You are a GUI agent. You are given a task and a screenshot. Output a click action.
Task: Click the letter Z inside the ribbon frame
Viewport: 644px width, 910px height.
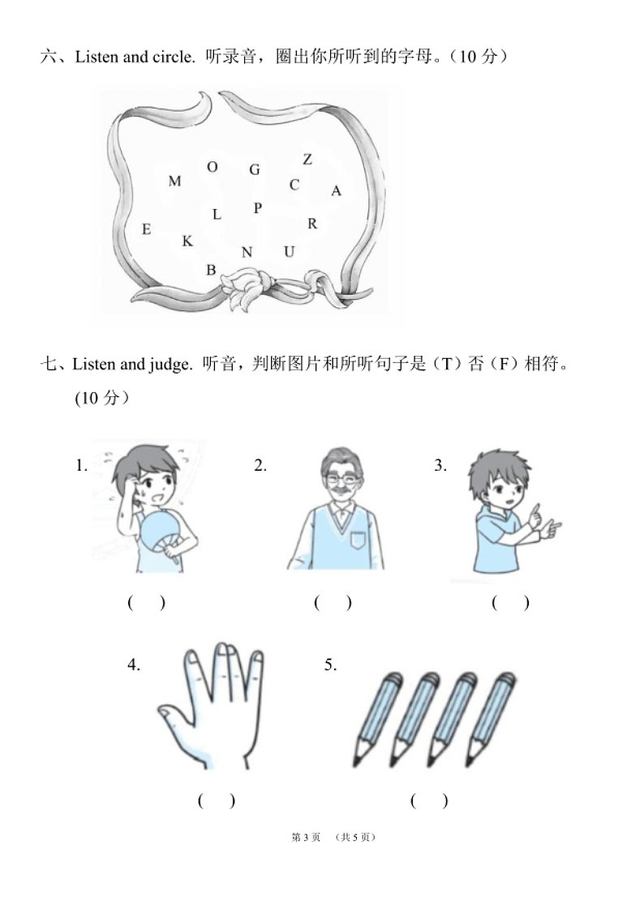pos(307,160)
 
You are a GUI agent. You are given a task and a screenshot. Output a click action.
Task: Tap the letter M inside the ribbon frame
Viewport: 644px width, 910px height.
pos(174,182)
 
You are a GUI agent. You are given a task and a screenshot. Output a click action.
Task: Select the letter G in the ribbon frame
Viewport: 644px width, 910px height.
pos(255,170)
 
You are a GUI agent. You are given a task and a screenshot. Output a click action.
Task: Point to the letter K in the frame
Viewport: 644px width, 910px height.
pos(187,241)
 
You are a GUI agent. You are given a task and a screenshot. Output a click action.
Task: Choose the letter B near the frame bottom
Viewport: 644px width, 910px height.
pos(211,271)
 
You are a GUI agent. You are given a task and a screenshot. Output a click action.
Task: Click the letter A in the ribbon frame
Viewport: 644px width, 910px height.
pos(337,191)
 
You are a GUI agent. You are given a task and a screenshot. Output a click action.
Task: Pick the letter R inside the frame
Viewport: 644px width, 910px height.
pos(312,224)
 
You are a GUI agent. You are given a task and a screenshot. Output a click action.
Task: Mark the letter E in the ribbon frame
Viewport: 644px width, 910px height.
pos(146,229)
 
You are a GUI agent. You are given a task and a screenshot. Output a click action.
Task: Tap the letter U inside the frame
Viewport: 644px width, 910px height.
pos(289,252)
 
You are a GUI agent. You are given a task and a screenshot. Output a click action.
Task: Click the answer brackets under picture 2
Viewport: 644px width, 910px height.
pos(333,603)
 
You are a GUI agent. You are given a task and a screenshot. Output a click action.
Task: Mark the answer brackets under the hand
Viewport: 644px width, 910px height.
pos(217,801)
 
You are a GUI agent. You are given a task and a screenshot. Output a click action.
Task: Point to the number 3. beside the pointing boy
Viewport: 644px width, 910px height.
pos(440,465)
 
